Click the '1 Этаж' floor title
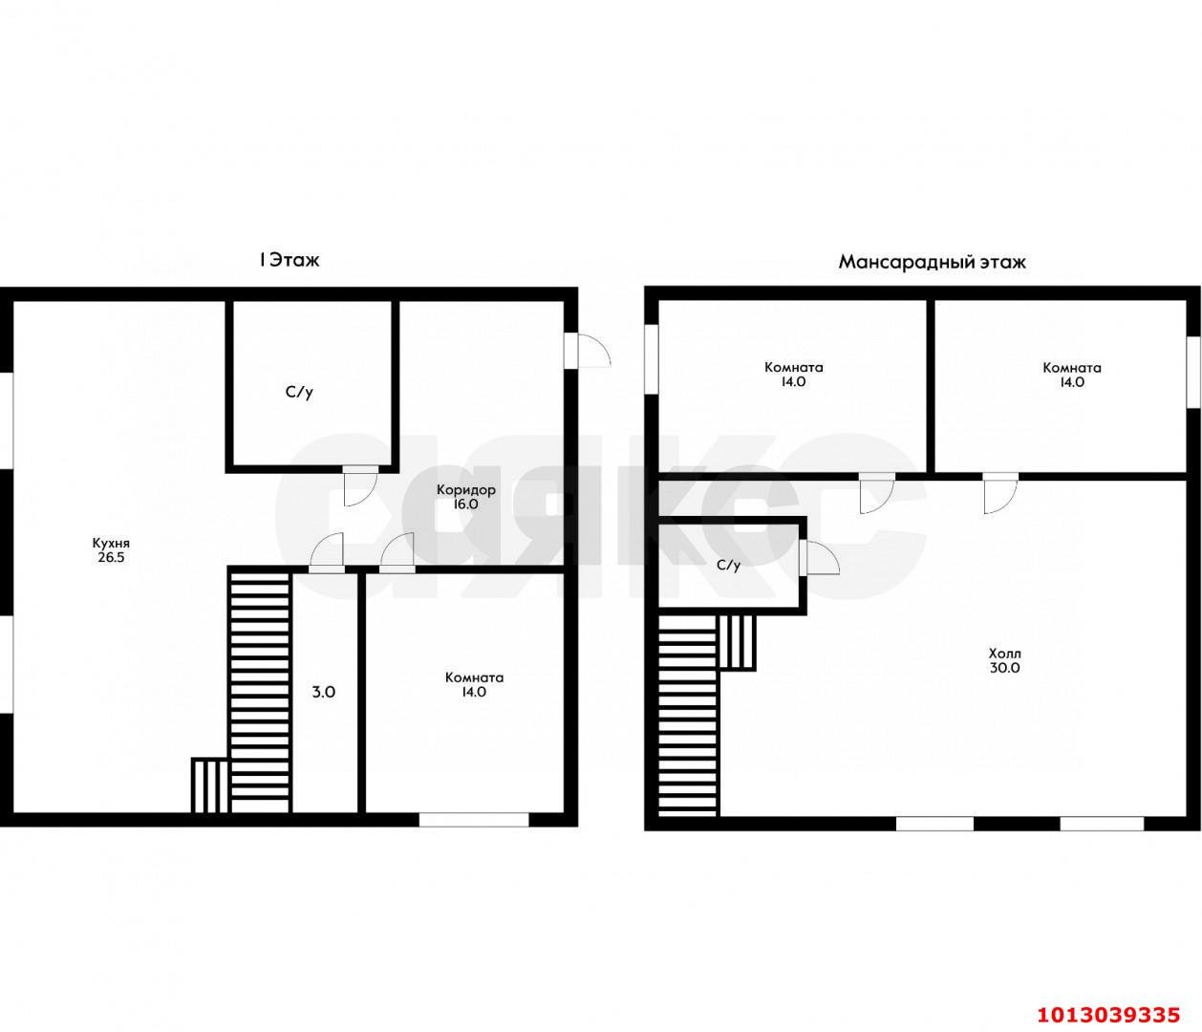point(289,260)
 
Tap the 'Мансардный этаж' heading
point(932,262)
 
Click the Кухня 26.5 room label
point(111,550)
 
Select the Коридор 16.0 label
point(465,497)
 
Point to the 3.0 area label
point(323,692)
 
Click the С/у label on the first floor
point(299,393)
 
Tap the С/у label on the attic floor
point(728,565)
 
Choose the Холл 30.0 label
point(1005,661)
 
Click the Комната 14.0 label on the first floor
point(474,685)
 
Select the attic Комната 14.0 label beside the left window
point(793,375)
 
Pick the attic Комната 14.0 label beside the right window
point(1072,375)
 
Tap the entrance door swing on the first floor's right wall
point(589,350)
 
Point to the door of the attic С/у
point(820,557)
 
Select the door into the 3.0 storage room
point(326,552)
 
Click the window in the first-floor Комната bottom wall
point(474,820)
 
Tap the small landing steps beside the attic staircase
point(738,643)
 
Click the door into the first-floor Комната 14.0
point(397,552)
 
